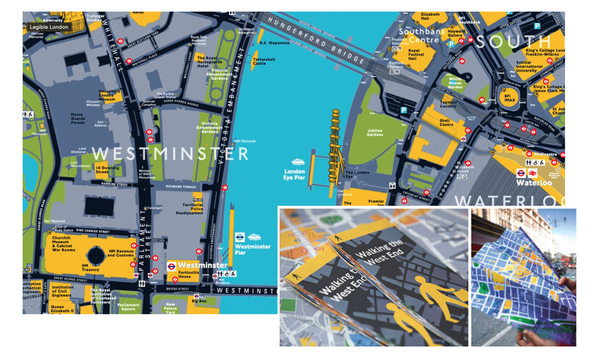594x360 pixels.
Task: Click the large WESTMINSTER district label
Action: [x=170, y=154]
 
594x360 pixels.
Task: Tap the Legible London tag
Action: [x=49, y=27]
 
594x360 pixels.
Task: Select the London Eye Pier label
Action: [x=295, y=175]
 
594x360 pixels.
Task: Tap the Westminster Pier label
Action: [x=252, y=249]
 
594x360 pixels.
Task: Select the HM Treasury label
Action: [x=91, y=267]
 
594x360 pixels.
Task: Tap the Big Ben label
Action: [x=200, y=301]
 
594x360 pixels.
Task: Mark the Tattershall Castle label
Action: [x=264, y=62]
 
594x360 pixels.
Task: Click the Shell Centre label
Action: [x=446, y=122]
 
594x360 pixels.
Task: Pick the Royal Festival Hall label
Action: [x=419, y=55]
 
